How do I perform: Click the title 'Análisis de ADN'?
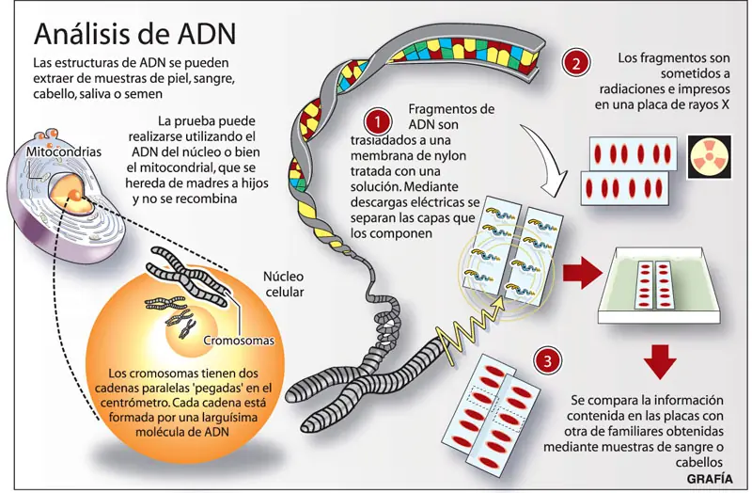coord(135,34)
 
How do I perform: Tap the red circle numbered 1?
coord(378,121)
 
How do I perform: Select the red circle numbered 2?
coord(576,63)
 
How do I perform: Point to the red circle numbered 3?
coord(548,360)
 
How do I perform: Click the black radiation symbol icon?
coord(710,157)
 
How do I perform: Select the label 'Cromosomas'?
coord(239,341)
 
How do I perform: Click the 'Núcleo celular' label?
coord(284,284)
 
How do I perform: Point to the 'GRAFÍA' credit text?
coord(710,479)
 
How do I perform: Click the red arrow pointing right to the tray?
coord(582,273)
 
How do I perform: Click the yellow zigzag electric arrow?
coord(470,327)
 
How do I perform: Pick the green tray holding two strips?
coord(660,285)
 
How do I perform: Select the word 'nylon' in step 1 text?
coord(450,155)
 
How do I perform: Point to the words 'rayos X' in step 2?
coord(710,104)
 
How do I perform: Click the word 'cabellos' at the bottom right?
coord(699,462)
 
